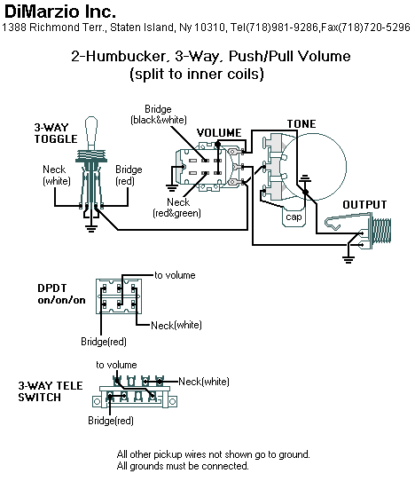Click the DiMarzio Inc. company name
click(59, 12)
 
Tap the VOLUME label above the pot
click(218, 132)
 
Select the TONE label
click(301, 122)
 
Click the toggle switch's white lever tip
click(91, 129)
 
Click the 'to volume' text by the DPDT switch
click(176, 275)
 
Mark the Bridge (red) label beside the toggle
click(129, 175)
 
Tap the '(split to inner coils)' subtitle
click(196, 75)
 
